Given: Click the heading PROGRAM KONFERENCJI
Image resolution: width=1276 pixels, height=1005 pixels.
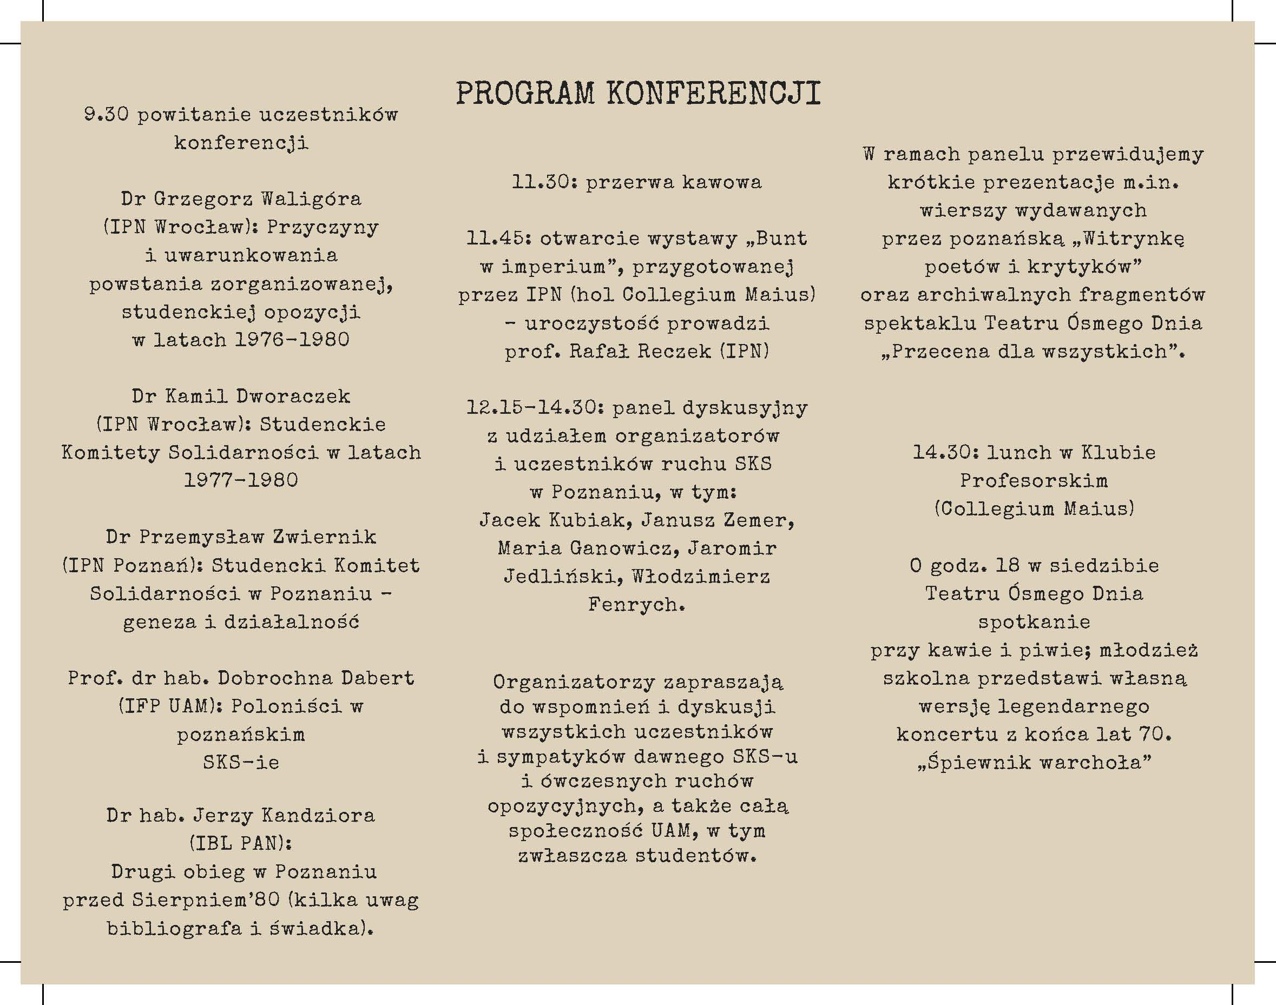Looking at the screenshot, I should coord(638,94).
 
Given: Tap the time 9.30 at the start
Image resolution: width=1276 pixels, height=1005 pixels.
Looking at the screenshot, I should coord(106,114).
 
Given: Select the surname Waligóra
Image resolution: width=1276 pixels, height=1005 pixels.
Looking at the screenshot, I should coord(311,199).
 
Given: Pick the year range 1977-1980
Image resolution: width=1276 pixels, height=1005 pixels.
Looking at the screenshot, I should coord(241,480).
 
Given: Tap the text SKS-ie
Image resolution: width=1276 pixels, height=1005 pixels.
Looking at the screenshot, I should coord(241,763).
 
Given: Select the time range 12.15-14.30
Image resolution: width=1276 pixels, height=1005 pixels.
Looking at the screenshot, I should coord(535,407).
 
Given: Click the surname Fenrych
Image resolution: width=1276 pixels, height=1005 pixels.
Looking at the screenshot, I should coord(636,604).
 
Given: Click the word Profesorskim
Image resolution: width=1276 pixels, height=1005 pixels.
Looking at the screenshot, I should coord(1034,481).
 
